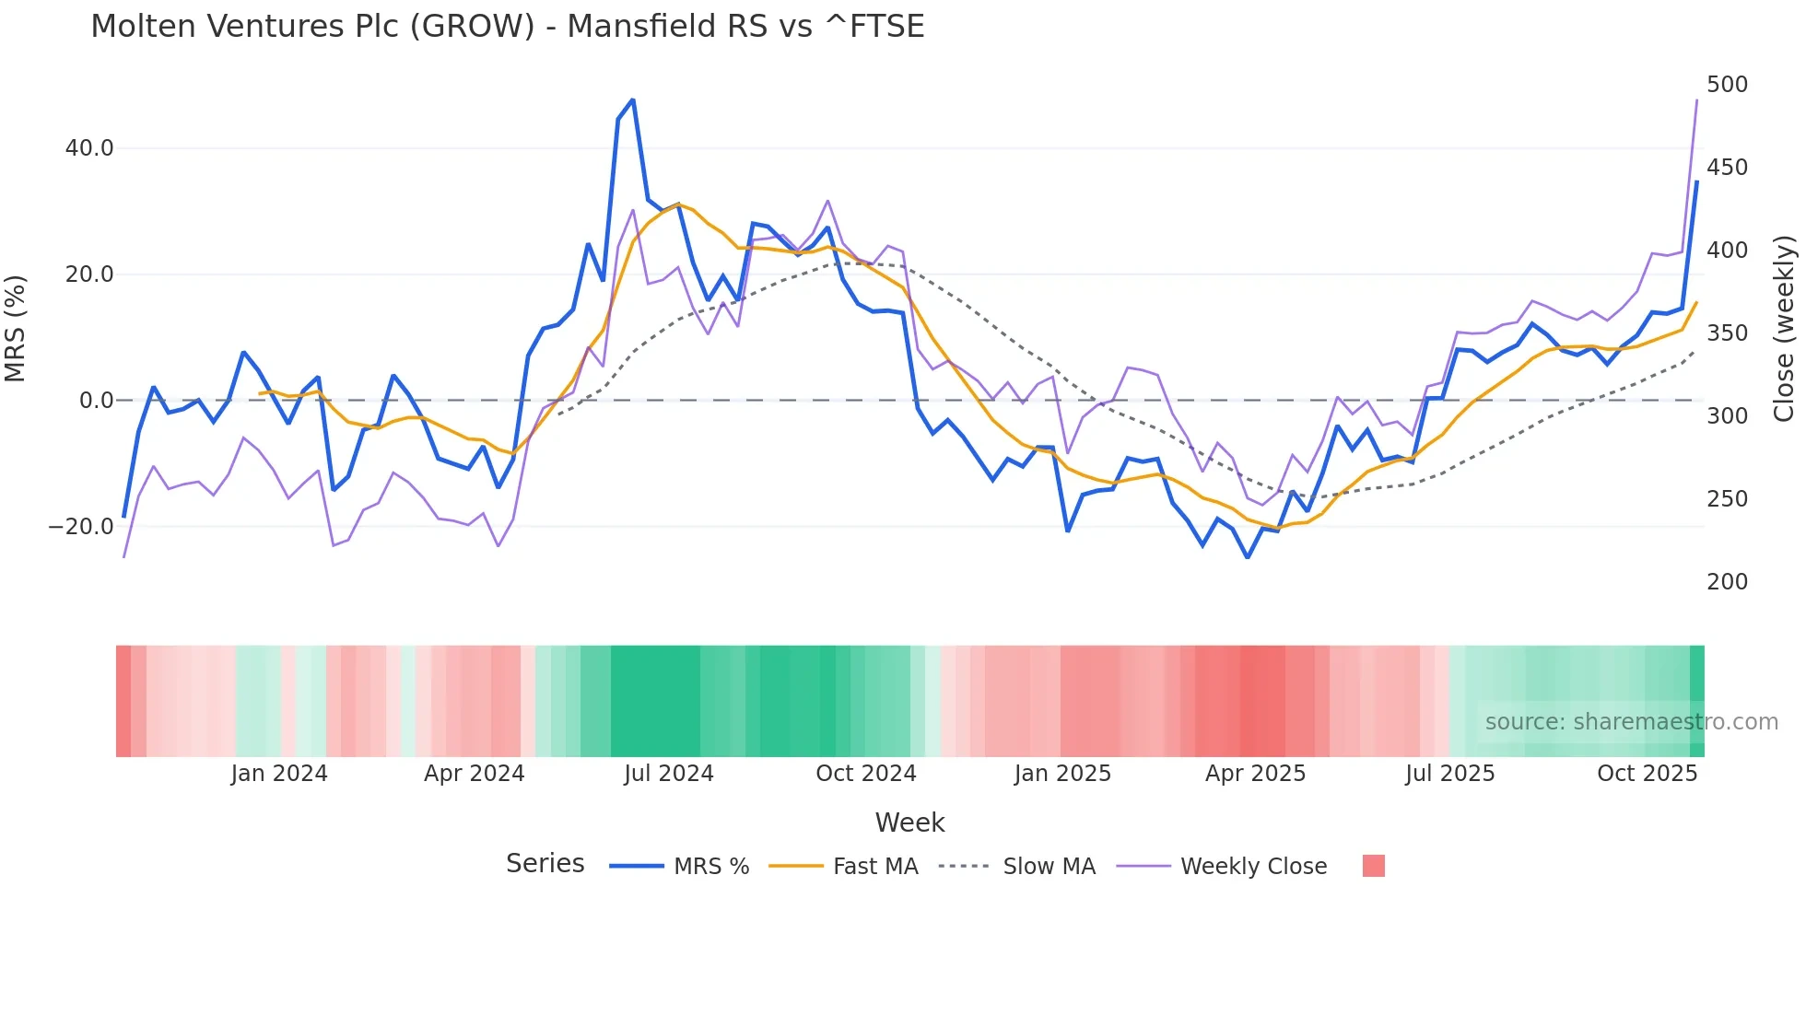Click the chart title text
pyautogui.click(x=507, y=26)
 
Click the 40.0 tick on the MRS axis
pyautogui.click(x=89, y=148)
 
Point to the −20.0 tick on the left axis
pyautogui.click(x=81, y=527)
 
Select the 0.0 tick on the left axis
pyautogui.click(x=96, y=401)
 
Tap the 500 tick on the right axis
pyautogui.click(x=1727, y=85)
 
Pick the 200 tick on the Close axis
pyautogui.click(x=1727, y=582)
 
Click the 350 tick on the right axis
pyautogui.click(x=1727, y=333)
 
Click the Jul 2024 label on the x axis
pyautogui.click(x=669, y=774)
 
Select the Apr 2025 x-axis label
pyautogui.click(x=1255, y=774)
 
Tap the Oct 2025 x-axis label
pyautogui.click(x=1647, y=774)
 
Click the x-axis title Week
pyautogui.click(x=909, y=822)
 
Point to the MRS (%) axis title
pyautogui.click(x=16, y=329)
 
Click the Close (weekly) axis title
pyautogui.click(x=1785, y=329)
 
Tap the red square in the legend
pyautogui.click(x=1373, y=866)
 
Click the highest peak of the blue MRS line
pyautogui.click(x=632, y=99)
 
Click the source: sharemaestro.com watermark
pyautogui.click(x=1631, y=722)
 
